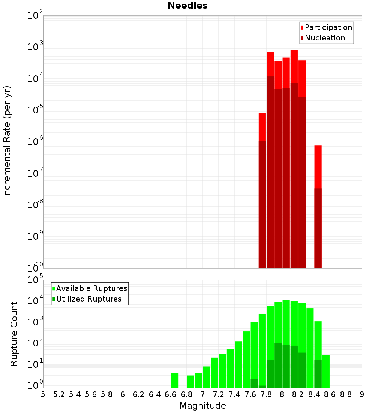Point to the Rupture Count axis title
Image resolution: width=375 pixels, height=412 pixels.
(x=14, y=334)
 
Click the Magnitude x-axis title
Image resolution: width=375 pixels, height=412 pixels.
(x=202, y=406)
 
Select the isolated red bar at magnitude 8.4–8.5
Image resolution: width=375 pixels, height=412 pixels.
(x=318, y=167)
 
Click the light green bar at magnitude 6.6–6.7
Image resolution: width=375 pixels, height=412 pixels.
(x=174, y=380)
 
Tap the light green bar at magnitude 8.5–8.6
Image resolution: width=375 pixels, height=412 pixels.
(x=326, y=371)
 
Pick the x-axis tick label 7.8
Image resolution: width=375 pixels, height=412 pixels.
(x=266, y=394)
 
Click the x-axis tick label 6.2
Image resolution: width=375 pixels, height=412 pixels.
(x=139, y=394)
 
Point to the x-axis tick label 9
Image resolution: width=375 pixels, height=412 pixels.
(x=362, y=394)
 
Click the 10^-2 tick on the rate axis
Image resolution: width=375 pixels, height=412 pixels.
(x=35, y=16)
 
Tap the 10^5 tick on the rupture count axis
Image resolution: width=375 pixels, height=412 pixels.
(x=35, y=280)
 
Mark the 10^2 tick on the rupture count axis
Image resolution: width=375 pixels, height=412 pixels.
(x=35, y=344)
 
